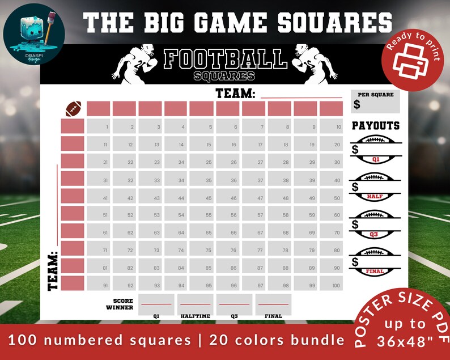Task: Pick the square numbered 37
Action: pyautogui.click(x=253, y=179)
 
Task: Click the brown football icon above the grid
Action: pyautogui.click(x=74, y=108)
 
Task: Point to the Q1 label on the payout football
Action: pyautogui.click(x=375, y=160)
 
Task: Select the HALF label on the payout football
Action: pyautogui.click(x=375, y=196)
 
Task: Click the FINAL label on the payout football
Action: pyautogui.click(x=375, y=271)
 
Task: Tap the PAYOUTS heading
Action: pyautogui.click(x=376, y=126)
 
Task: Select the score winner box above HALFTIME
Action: pyautogui.click(x=195, y=304)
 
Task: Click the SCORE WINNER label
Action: pyautogui.click(x=122, y=304)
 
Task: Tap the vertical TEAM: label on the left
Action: pyautogui.click(x=53, y=271)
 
